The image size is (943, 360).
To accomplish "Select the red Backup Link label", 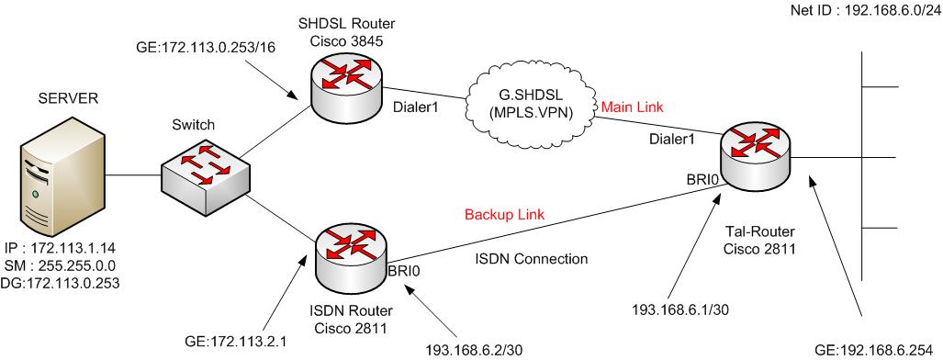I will click(x=502, y=214).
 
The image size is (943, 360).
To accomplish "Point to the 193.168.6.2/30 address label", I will click(x=474, y=349).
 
